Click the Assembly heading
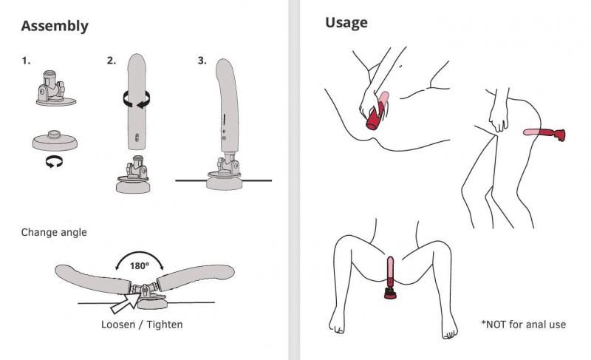(x=55, y=26)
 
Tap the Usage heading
(x=346, y=23)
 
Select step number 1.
(x=26, y=61)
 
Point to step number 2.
(x=111, y=61)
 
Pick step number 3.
(x=202, y=61)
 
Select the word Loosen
(x=120, y=325)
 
